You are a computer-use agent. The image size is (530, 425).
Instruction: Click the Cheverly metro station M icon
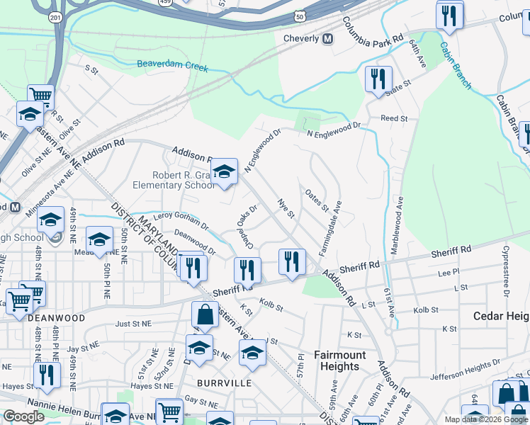point(327,38)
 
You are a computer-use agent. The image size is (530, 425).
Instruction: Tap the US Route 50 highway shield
point(301,16)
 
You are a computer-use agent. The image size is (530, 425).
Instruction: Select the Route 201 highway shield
point(55,16)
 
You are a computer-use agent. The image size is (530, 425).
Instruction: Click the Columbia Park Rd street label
point(373,34)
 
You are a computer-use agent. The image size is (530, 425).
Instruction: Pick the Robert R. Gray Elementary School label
point(174,180)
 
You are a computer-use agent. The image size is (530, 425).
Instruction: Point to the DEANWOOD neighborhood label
point(57,318)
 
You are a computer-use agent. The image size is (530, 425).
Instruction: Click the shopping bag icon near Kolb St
point(205,315)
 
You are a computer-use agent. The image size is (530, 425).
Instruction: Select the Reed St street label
point(394,119)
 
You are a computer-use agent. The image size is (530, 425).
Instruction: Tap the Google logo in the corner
point(23,416)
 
